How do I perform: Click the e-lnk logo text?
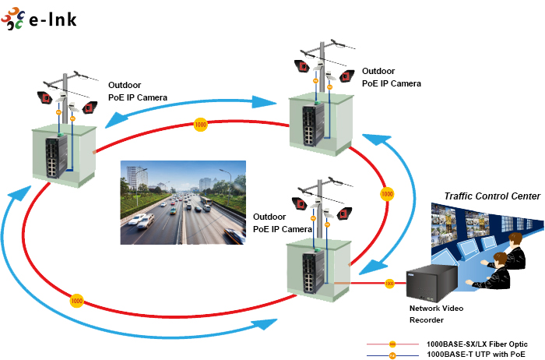(52, 19)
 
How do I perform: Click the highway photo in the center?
(183, 203)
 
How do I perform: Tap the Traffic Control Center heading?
(491, 196)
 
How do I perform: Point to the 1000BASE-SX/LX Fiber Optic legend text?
(476, 344)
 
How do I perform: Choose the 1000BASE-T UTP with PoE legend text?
(476, 355)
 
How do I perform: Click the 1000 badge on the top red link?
(201, 124)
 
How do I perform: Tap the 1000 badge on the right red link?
(385, 192)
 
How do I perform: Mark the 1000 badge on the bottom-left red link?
(76, 300)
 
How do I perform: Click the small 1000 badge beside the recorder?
(389, 283)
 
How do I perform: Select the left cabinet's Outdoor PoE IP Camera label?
(138, 91)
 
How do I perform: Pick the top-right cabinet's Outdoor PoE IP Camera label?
(391, 77)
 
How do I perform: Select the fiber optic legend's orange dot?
(392, 344)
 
